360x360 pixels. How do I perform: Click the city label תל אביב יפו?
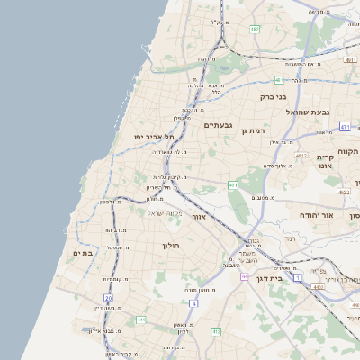click(x=154, y=137)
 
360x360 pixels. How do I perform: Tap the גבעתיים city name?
click(x=219, y=125)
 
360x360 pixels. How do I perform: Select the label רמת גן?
click(x=256, y=130)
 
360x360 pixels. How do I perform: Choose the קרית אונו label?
click(x=326, y=161)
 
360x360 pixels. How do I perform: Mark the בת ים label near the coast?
click(x=83, y=254)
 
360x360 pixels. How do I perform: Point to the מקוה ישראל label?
click(x=164, y=213)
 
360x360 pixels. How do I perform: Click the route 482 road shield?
click(x=255, y=30)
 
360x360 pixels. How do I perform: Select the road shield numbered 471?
click(x=346, y=128)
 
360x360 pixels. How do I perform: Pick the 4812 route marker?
click(x=344, y=192)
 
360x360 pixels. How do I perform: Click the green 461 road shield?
click(x=233, y=185)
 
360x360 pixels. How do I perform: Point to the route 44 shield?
click(x=245, y=276)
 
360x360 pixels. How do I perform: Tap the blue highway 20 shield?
click(x=109, y=297)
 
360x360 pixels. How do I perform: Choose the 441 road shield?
click(x=139, y=319)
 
